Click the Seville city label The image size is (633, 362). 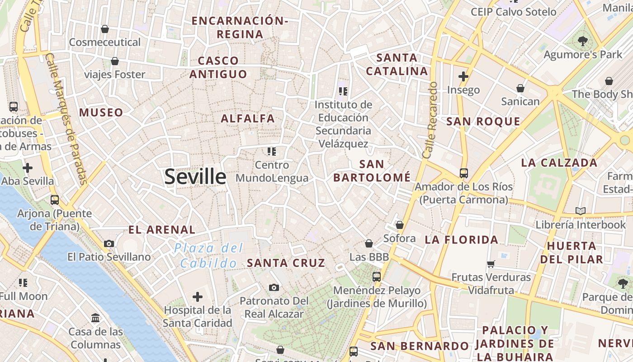coord(195,176)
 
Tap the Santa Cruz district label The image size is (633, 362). coord(286,263)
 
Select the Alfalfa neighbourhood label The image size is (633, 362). coord(248,119)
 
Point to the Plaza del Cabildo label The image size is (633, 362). coord(209,256)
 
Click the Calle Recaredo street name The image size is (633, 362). coord(430,120)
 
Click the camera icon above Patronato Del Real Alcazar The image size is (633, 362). coord(274,287)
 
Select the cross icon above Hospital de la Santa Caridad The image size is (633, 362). coord(198,297)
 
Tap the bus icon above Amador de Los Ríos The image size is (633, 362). coord(463,173)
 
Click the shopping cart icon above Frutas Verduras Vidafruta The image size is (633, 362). coord(491,263)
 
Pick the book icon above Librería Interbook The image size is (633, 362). coord(581,211)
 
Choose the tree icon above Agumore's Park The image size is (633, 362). coord(583,41)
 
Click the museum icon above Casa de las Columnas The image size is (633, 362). coord(95,318)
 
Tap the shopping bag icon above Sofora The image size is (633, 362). coord(399,225)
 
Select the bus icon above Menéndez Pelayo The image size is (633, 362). coord(377,276)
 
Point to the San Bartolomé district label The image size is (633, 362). coord(372,171)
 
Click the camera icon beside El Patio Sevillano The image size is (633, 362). coord(109,243)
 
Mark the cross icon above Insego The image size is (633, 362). coord(463,76)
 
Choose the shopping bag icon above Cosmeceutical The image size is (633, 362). coord(105,29)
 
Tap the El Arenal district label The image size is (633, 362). coord(162,230)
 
